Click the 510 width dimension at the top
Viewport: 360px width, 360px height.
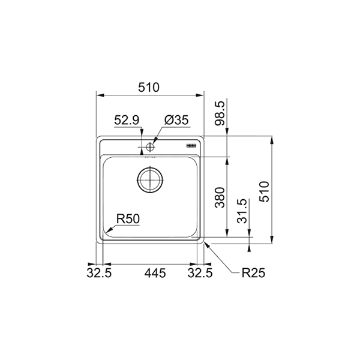pyautogui.click(x=148, y=88)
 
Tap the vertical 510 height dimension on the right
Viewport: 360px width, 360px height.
pyautogui.click(x=264, y=192)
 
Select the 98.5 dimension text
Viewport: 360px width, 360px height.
pyautogui.click(x=219, y=113)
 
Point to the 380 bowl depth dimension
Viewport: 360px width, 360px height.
pyautogui.click(x=219, y=197)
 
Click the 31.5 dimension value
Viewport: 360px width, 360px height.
pyautogui.click(x=242, y=211)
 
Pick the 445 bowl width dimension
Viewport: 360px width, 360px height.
pyautogui.click(x=155, y=273)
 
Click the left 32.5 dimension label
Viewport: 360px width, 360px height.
pyautogui.click(x=99, y=273)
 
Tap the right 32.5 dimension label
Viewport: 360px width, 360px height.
pyautogui.click(x=200, y=273)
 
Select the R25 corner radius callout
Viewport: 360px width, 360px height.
pyautogui.click(x=253, y=273)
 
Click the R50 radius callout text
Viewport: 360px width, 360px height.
pyautogui.click(x=128, y=219)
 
